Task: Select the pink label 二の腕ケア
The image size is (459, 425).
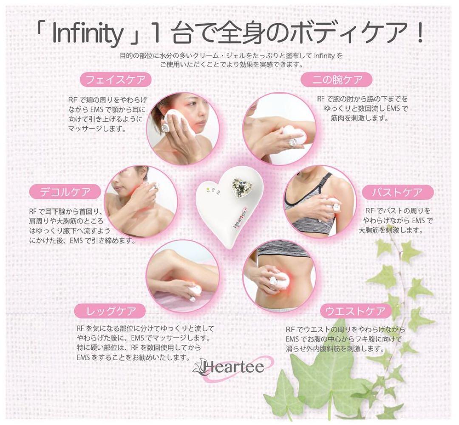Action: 337,79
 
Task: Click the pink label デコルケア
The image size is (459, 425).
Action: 65,192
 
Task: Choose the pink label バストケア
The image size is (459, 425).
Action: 398,193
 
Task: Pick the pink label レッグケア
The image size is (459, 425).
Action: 111,311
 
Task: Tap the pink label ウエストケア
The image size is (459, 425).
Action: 355,311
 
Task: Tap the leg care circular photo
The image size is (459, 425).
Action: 183,276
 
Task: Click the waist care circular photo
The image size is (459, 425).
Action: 279,276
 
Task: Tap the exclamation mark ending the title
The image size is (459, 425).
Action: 420,36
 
